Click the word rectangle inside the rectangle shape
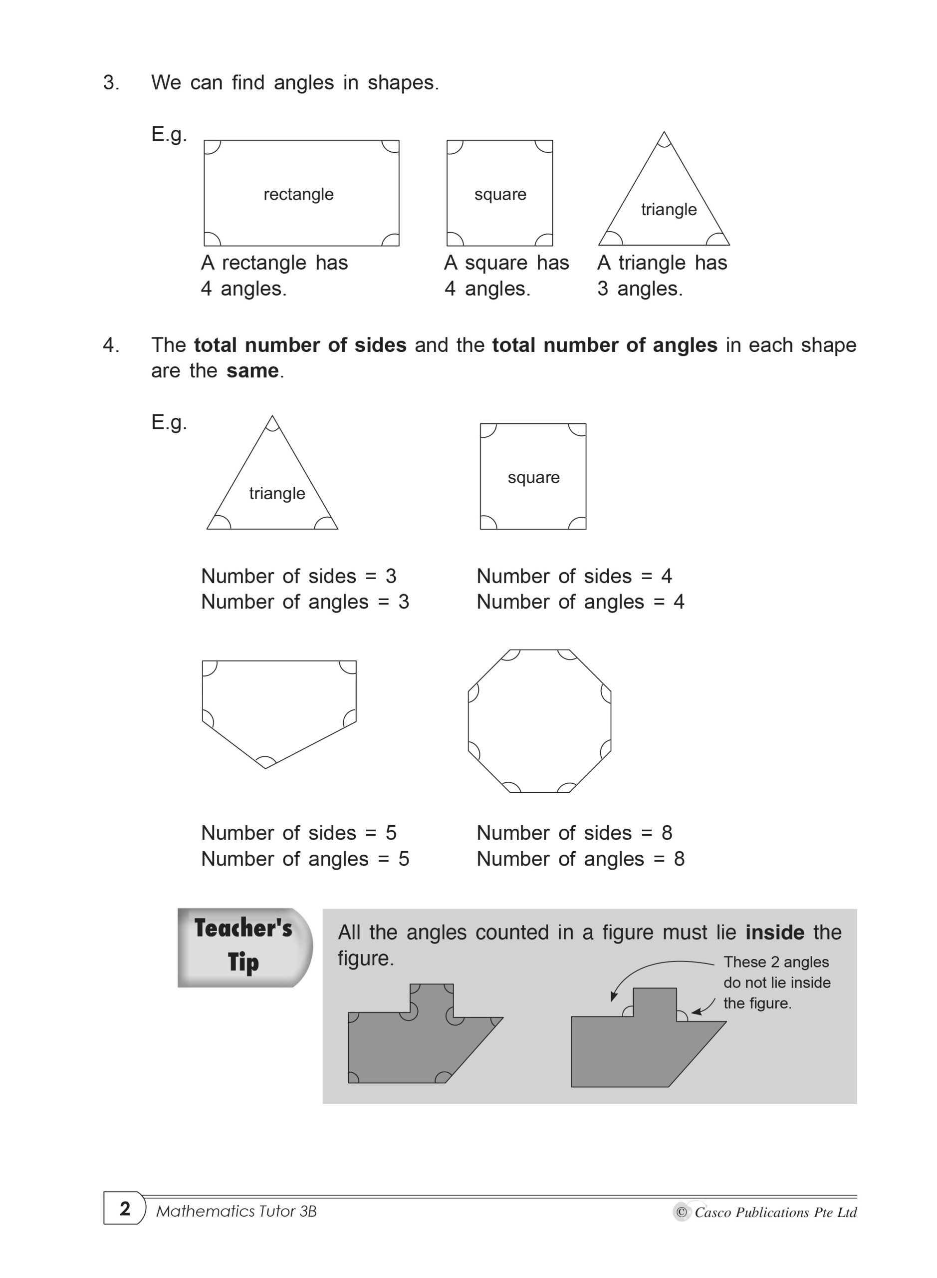pos(298,194)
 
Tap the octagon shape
pos(539,721)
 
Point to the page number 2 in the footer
pos(125,1208)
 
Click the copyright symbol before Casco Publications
pos(681,1212)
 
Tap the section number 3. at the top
pos(111,83)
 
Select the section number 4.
pos(111,345)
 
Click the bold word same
pos(252,370)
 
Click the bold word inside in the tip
pos(774,933)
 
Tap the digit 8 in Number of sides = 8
pos(667,833)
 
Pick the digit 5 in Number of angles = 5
pos(403,859)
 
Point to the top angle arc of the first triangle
pos(664,142)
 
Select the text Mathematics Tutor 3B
pos(236,1212)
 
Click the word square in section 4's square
pos(533,477)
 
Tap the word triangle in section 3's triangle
pos(669,209)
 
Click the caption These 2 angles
pos(776,962)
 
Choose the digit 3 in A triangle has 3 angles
pos(602,289)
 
